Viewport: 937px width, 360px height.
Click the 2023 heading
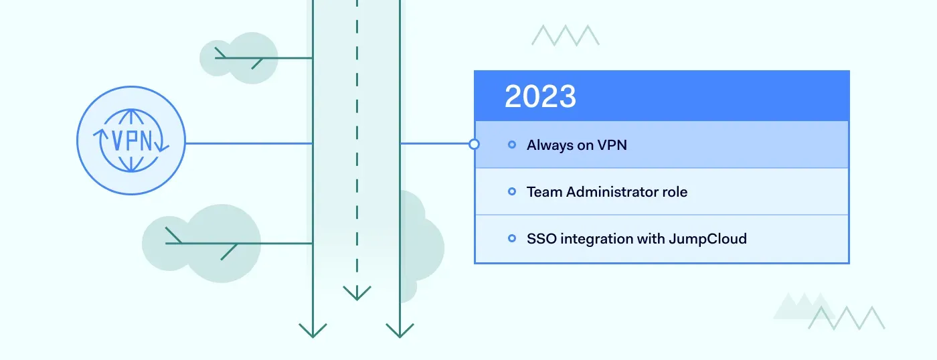pyautogui.click(x=540, y=97)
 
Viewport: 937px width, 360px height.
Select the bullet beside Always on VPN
pyautogui.click(x=512, y=145)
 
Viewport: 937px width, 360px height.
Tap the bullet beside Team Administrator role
pyautogui.click(x=512, y=192)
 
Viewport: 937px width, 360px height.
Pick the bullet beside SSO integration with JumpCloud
pyautogui.click(x=512, y=238)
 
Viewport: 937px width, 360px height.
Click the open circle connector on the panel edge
pyautogui.click(x=474, y=144)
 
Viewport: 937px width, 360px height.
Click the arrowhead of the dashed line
pyautogui.click(x=357, y=292)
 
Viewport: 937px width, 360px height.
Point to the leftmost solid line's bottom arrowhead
pyautogui.click(x=313, y=330)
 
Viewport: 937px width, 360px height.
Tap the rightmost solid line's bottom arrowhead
pyautogui.click(x=400, y=330)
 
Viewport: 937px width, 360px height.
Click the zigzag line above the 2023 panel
pyautogui.click(x=566, y=35)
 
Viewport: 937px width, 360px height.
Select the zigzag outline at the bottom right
pyautogui.click(x=847, y=318)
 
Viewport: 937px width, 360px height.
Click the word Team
pyautogui.click(x=544, y=192)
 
